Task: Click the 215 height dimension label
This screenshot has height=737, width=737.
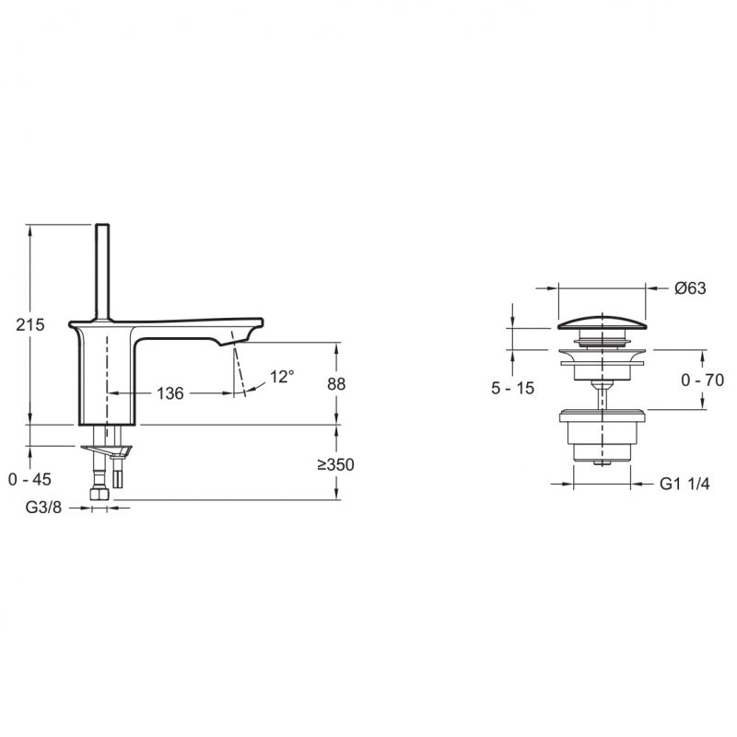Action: coord(30,325)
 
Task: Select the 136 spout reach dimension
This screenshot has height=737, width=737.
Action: coord(170,393)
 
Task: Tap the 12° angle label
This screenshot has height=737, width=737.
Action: coord(282,377)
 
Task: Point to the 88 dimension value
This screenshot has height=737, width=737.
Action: coord(336,384)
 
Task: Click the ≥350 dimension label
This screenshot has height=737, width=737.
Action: coord(335,465)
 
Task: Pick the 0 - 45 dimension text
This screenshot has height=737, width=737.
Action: coord(29,479)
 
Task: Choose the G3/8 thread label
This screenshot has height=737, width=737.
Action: coord(43,508)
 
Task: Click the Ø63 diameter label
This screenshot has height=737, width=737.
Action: coord(690,288)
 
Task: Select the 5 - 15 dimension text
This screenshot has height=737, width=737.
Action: coord(513,388)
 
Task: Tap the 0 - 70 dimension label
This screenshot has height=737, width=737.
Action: coord(703,380)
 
